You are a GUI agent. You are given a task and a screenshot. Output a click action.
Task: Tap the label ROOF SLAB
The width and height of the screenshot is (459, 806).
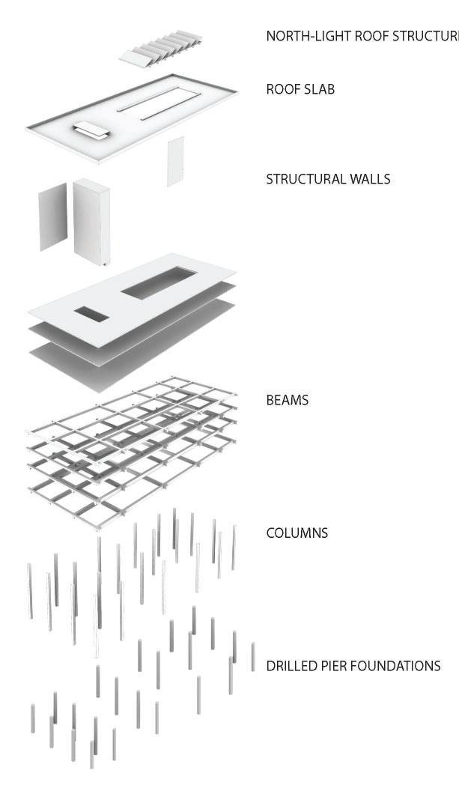(x=300, y=89)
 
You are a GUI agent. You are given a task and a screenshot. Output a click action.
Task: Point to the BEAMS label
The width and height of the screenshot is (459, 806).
(x=288, y=400)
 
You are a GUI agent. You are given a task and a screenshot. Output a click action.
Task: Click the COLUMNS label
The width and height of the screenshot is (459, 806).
(x=297, y=533)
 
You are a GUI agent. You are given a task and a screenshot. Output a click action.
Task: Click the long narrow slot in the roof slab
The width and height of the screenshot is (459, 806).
(x=159, y=103)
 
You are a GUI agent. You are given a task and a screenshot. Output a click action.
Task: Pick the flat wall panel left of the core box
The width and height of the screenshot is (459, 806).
(x=53, y=218)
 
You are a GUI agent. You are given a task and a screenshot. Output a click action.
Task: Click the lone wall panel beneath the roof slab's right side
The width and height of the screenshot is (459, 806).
(x=175, y=161)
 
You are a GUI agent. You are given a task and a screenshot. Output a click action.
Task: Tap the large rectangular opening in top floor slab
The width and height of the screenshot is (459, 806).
(x=159, y=283)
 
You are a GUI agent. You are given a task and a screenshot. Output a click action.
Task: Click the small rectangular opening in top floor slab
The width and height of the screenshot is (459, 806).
(x=91, y=313)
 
